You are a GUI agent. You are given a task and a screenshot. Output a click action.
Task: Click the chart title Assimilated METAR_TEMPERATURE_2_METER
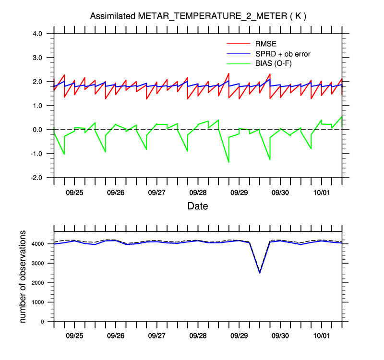pyautogui.click(x=198, y=16)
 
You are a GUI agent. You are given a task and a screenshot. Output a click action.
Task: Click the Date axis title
pyautogui.click(x=198, y=206)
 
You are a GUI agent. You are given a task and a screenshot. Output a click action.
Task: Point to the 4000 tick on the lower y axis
pyautogui.click(x=40, y=244)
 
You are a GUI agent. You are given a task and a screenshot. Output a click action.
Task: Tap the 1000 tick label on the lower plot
pyautogui.click(x=40, y=302)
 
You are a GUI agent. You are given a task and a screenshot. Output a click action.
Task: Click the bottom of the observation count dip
pyautogui.click(x=260, y=273)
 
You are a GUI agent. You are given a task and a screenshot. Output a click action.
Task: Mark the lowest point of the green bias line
pyautogui.click(x=228, y=162)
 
